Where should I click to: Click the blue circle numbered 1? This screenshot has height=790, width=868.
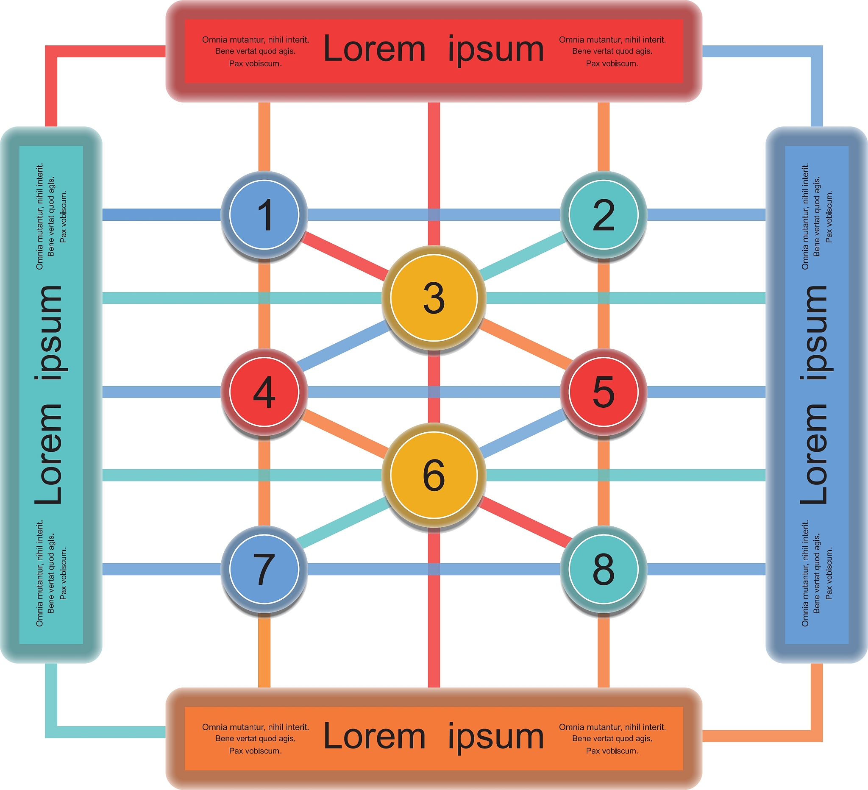pos(264,214)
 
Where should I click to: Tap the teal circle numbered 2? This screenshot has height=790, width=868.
pos(603,214)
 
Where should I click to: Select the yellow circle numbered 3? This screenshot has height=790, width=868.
pos(434,298)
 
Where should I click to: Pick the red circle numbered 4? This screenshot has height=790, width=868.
pos(264,392)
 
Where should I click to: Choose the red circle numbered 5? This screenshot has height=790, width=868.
pos(603,392)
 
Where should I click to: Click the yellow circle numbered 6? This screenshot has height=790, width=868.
pos(434,475)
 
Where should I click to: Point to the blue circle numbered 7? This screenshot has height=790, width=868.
pos(264,569)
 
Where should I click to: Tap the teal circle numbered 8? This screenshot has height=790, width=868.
pos(603,569)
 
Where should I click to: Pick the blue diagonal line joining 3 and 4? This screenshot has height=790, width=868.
pos(345,346)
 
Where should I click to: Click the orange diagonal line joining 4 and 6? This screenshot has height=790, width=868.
pos(345,434)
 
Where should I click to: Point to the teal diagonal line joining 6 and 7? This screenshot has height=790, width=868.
pos(345,523)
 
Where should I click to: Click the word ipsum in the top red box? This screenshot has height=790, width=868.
pos(495,50)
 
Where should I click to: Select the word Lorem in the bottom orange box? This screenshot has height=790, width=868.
pos(374,737)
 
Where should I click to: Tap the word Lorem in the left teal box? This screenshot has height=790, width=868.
pos(49,454)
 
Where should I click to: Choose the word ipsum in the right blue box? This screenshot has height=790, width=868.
pos(814,332)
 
